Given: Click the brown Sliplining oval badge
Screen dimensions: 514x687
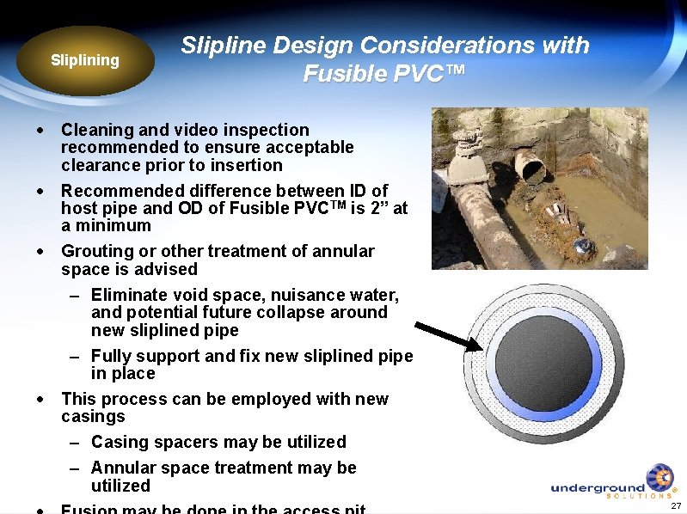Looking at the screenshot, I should coord(84,60).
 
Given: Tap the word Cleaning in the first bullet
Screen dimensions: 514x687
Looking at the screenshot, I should coord(98,130).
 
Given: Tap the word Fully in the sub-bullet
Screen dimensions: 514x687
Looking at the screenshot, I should coord(112,356).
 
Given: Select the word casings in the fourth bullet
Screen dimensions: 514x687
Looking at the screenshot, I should coord(93,417).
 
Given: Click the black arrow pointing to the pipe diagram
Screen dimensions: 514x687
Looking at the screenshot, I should coord(447,336).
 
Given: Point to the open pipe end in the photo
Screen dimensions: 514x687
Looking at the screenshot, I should coord(531,166).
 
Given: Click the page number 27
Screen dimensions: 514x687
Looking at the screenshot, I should coord(675,506).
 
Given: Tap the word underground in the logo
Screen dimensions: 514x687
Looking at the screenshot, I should coord(597,487).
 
